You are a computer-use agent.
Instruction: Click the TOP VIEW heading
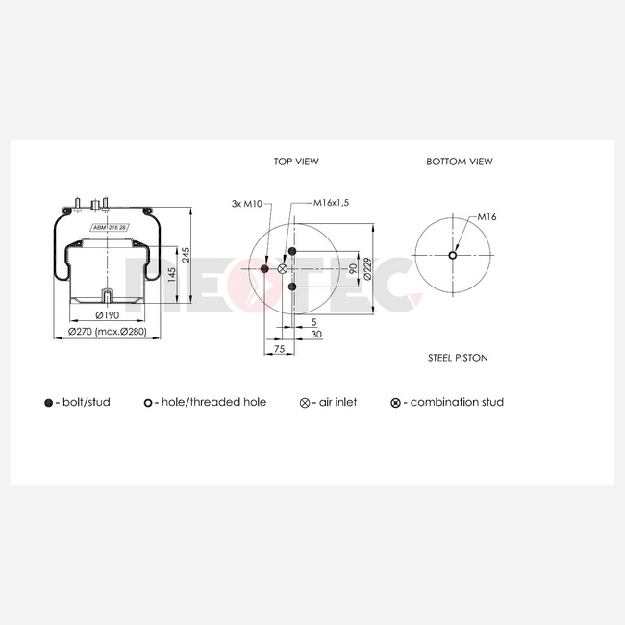[x=296, y=162]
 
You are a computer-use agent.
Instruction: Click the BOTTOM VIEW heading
[x=460, y=162]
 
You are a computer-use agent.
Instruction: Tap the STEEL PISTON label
[x=458, y=358]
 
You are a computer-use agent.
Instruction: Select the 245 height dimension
[x=186, y=255]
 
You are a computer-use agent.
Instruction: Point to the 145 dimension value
[x=172, y=275]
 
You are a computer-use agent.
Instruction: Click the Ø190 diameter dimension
[x=108, y=315]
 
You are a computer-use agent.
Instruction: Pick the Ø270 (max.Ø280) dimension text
[x=108, y=331]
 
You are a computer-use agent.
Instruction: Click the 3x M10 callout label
[x=247, y=204]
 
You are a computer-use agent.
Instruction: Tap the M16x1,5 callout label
[x=331, y=203]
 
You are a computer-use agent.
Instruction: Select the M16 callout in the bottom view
[x=487, y=217]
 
